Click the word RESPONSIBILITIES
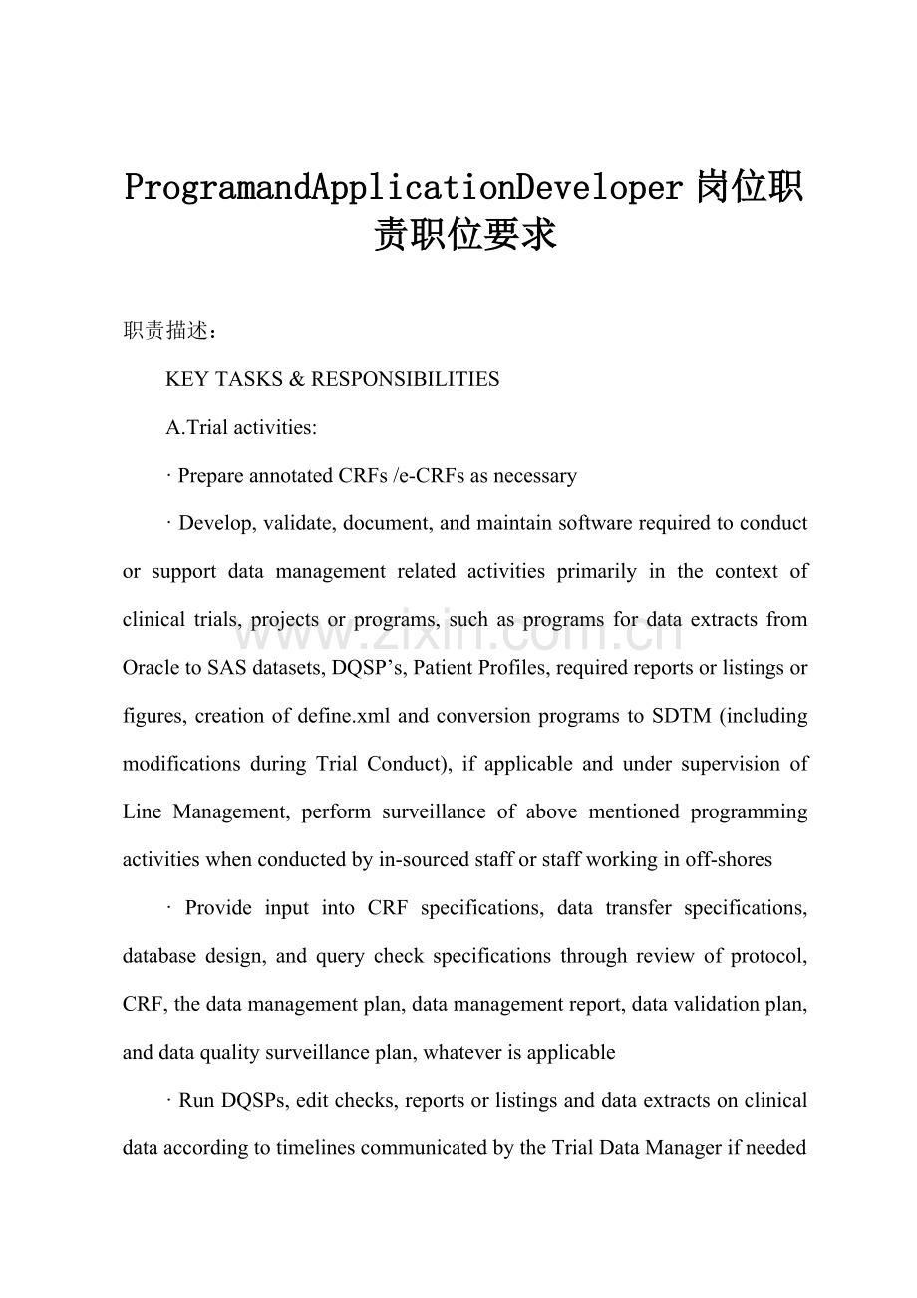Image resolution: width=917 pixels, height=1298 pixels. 406,379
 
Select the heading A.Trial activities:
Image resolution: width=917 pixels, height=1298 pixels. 241,427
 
